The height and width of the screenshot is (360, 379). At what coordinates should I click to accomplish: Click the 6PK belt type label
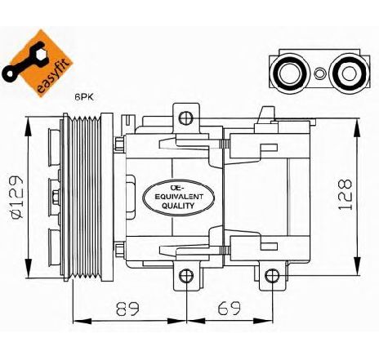[x=84, y=97]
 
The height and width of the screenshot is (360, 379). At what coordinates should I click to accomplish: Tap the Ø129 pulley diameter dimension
[x=16, y=198]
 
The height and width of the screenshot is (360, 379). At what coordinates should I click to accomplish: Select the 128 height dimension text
[x=346, y=194]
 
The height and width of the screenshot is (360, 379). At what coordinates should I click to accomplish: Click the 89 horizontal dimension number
[x=127, y=309]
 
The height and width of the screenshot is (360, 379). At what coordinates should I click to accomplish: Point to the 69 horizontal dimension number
[x=229, y=308]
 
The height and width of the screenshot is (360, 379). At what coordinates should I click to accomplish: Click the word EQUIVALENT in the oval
[x=178, y=197]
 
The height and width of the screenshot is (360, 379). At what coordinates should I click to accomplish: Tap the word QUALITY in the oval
[x=178, y=206]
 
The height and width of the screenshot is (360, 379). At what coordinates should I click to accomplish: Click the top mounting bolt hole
[x=186, y=118]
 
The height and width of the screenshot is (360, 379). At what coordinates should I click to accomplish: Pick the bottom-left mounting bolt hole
[x=186, y=276]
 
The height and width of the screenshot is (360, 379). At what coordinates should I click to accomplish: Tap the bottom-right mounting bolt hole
[x=272, y=276]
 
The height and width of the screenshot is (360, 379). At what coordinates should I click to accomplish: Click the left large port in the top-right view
[x=290, y=73]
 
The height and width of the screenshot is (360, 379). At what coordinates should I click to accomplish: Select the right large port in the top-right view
[x=348, y=73]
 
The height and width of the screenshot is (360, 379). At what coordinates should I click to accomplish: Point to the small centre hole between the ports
[x=319, y=73]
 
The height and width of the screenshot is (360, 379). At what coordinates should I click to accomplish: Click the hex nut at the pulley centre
[x=56, y=198]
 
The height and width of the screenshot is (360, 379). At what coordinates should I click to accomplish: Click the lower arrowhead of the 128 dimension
[x=357, y=266]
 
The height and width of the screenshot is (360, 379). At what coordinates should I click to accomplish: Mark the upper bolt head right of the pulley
[x=119, y=144]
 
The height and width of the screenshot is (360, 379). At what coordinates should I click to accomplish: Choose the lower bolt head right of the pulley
[x=119, y=250]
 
